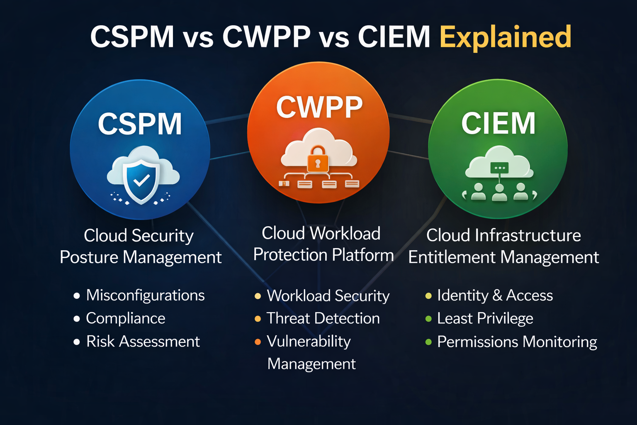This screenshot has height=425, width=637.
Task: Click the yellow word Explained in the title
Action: (505, 37)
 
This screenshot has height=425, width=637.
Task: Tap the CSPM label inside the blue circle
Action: (140, 124)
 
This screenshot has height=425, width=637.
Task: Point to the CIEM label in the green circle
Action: (498, 123)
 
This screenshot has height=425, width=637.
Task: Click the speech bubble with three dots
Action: (499, 168)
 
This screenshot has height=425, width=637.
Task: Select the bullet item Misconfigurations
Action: (145, 296)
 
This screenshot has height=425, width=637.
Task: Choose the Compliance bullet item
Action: (125, 318)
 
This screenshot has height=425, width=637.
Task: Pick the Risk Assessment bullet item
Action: (143, 342)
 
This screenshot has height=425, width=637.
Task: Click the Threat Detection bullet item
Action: (323, 318)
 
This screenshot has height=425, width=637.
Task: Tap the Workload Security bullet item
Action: (328, 296)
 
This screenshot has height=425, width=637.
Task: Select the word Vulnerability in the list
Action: (309, 342)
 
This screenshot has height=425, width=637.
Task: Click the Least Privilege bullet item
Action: (485, 318)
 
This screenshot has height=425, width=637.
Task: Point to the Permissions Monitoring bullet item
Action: (517, 342)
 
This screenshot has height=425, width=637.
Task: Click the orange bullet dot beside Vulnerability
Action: (258, 342)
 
